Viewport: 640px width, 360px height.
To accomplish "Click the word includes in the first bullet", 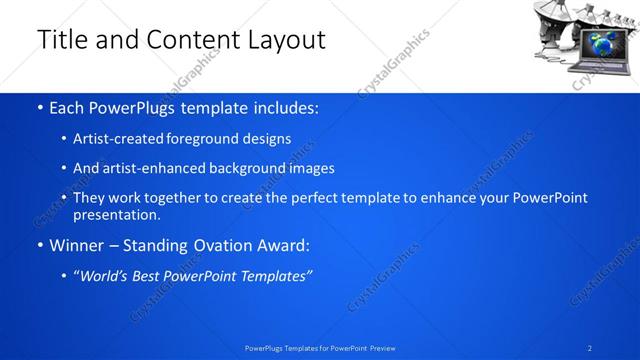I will (x=281, y=108).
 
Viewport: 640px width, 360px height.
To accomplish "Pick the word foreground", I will (x=207, y=139).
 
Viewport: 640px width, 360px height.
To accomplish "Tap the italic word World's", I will (x=103, y=275).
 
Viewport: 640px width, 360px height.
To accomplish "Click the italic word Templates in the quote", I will (x=275, y=275).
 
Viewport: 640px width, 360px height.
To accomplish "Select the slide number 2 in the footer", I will (x=590, y=347).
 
